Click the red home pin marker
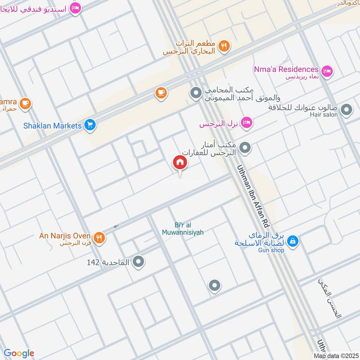[x=180, y=162]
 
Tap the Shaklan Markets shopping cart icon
[x=90, y=126]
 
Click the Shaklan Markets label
[x=53, y=126]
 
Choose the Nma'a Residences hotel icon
[x=327, y=70]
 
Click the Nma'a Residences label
[x=286, y=69]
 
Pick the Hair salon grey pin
[x=346, y=109]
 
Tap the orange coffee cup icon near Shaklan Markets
[x=161, y=93]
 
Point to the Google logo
[x=19, y=353]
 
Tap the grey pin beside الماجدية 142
[x=139, y=261]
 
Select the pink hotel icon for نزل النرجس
[x=246, y=123]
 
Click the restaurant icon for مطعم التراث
[x=224, y=45]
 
